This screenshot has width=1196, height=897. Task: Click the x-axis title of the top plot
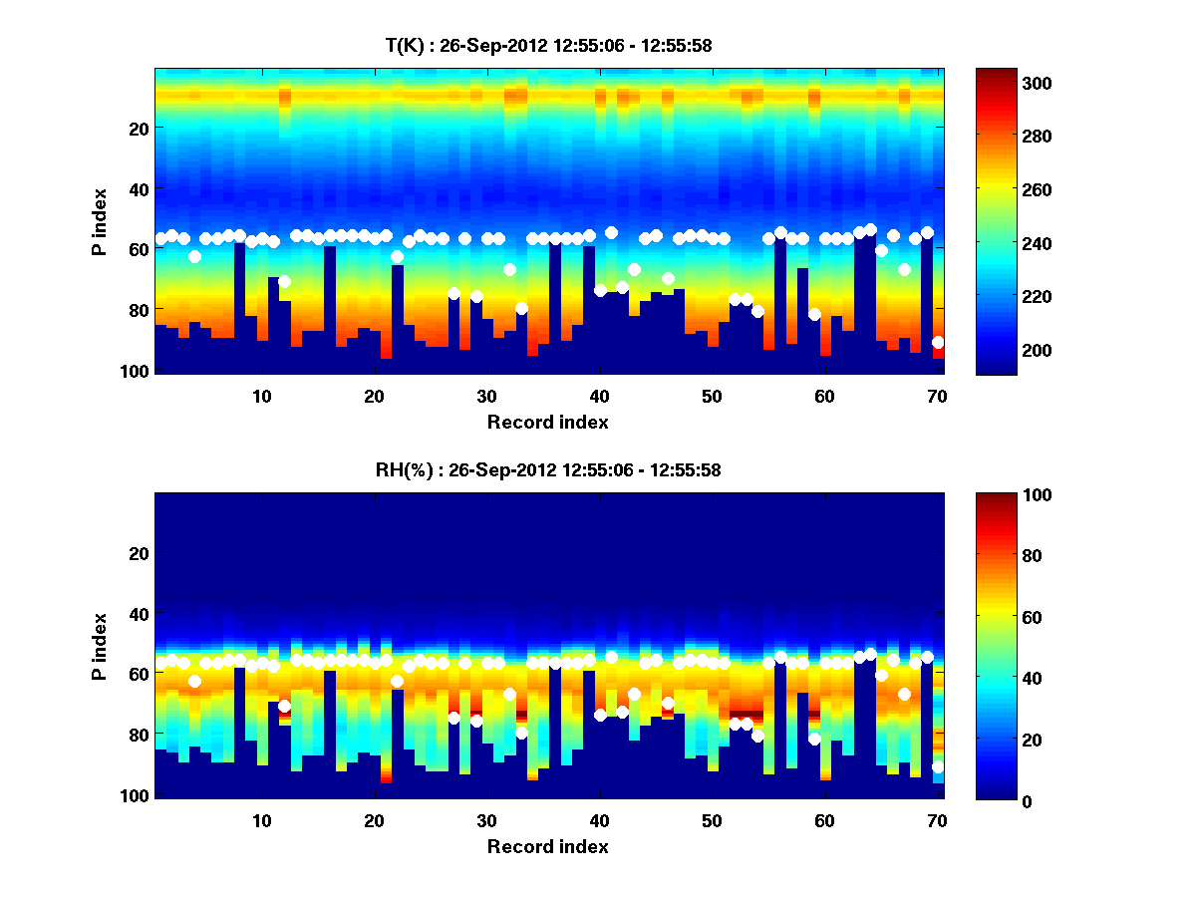547,422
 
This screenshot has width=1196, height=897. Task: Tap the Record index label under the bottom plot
547,846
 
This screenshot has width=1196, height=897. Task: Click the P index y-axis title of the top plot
100,221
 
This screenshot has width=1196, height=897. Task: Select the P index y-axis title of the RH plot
100,646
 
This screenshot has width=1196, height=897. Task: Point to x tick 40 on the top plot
599,395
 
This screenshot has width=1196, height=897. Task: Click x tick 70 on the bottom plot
937,820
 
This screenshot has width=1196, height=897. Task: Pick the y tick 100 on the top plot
137,371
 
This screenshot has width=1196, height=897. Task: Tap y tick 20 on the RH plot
141,552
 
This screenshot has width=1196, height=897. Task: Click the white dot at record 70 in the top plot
938,342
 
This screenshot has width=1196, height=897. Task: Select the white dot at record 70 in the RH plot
938,767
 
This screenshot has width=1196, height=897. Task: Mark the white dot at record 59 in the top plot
814,314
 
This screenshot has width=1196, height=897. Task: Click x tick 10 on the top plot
261,395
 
